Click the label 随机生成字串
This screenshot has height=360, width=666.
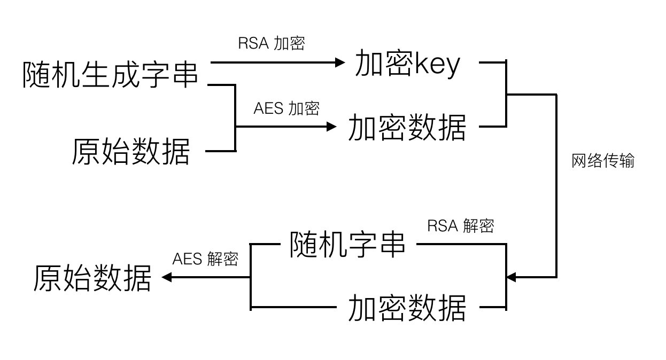(111, 75)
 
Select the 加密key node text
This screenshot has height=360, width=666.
(407, 65)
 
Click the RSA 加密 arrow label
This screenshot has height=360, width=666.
(272, 43)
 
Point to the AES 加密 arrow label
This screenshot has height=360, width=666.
(286, 108)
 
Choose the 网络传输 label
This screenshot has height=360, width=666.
(603, 161)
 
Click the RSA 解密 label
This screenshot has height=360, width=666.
(461, 226)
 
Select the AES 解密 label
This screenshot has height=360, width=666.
(205, 259)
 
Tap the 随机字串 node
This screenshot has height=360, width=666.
(348, 245)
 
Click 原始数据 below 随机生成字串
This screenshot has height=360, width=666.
(131, 152)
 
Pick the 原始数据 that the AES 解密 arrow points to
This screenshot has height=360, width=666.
(92, 278)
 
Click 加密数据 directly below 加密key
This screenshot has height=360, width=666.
(407, 128)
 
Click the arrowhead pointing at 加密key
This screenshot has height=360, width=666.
(340, 62)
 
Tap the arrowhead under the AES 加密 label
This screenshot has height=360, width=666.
(332, 127)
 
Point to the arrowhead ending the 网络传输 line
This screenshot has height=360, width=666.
(511, 277)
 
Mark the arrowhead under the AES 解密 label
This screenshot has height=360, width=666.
(166, 277)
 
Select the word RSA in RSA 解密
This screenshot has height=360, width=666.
(443, 226)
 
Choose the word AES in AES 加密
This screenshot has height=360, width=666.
(268, 108)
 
